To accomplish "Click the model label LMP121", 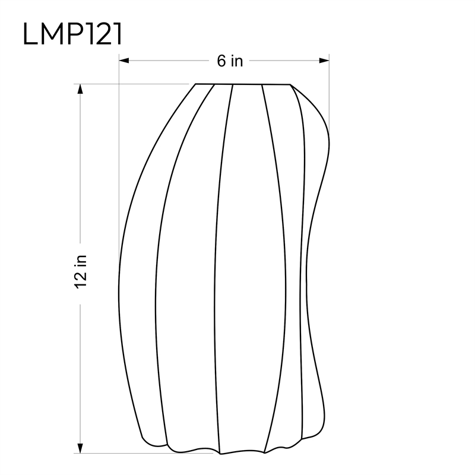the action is click(72, 34).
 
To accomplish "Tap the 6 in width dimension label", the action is click(230, 61).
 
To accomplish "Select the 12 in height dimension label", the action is click(81, 272).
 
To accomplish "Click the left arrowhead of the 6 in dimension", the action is click(124, 61).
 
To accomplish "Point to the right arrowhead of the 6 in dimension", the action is click(324, 61).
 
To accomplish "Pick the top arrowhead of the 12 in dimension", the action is click(80, 89).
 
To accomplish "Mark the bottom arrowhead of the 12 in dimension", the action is click(80, 448).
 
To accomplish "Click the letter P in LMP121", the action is click(76, 34).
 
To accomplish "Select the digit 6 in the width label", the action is click(221, 61).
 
